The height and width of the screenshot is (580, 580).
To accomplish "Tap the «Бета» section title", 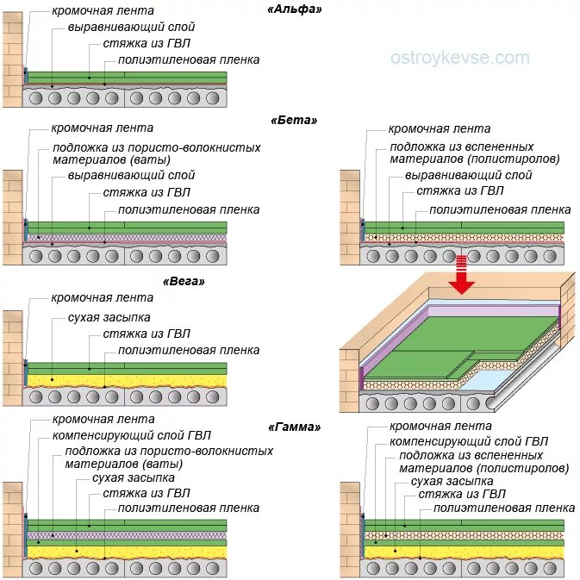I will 294,120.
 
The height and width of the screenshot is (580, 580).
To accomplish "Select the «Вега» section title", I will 184,281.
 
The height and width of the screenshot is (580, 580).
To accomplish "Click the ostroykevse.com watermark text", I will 459,58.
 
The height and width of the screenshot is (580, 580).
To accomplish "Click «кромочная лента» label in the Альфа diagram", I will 103,10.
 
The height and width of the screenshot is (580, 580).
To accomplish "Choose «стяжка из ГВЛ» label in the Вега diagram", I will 147,334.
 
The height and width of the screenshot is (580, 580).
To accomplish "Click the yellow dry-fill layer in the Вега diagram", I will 129,378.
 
